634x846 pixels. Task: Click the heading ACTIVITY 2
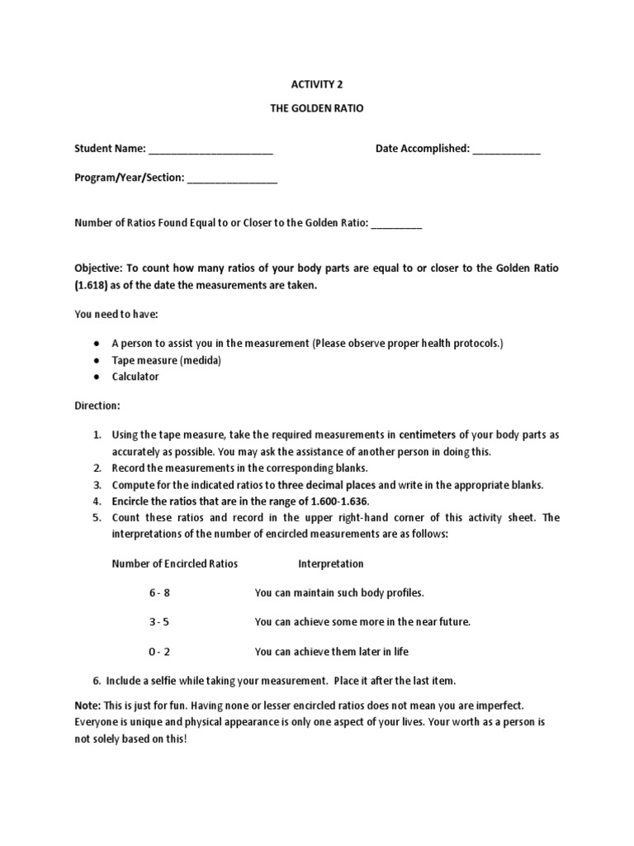317,83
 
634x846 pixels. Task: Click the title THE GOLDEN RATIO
317,109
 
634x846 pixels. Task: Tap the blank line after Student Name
211,150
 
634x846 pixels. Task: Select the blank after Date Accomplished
506,150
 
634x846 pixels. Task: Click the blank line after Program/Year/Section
233,178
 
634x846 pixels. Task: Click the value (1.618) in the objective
95,285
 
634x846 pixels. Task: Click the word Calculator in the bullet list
135,377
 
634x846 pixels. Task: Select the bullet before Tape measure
97,360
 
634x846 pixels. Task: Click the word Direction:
97,406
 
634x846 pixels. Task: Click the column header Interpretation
330,563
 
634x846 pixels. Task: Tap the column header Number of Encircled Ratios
174,563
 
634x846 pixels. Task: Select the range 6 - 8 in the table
159,593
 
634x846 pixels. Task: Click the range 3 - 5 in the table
159,622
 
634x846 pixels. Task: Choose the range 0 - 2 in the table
159,652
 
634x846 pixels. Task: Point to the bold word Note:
88,705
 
